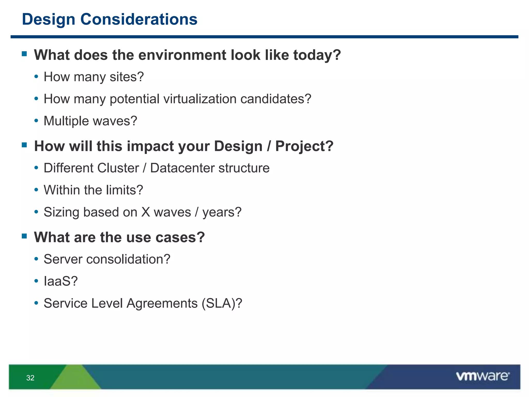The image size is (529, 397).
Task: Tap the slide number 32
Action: (x=30, y=378)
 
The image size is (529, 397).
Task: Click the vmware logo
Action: (x=483, y=376)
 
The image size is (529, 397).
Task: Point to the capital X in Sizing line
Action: (x=146, y=212)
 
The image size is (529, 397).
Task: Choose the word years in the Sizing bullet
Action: (x=220, y=213)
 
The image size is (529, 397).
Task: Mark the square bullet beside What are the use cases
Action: (x=25, y=236)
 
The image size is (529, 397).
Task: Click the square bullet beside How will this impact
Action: (x=25, y=145)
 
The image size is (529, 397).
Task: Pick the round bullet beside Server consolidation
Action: (x=36, y=259)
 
